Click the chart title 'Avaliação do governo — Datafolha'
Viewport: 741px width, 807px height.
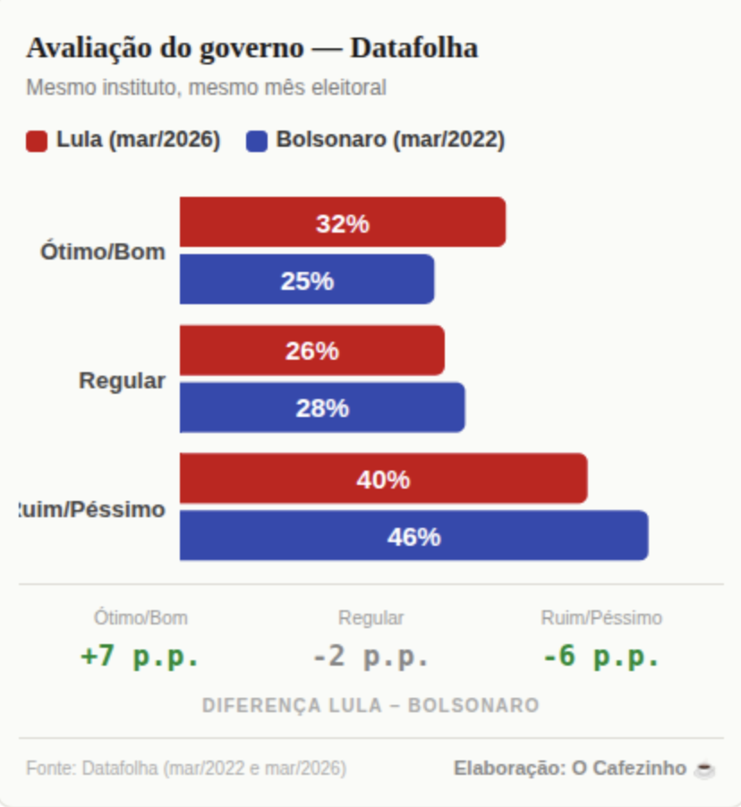click(x=251, y=48)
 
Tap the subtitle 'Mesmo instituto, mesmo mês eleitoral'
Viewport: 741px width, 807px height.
click(x=206, y=89)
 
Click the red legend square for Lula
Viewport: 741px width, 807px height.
click(x=37, y=141)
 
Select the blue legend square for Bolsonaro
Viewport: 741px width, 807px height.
click(x=257, y=141)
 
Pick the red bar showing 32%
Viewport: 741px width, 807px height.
click(x=342, y=223)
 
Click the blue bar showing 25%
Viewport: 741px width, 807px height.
click(x=307, y=280)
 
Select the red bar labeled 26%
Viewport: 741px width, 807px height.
click(x=311, y=351)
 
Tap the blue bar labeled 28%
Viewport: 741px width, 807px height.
click(x=322, y=408)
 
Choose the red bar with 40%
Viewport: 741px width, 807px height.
click(x=383, y=479)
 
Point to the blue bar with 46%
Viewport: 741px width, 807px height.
click(x=413, y=536)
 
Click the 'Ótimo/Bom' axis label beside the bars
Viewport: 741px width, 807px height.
click(x=103, y=252)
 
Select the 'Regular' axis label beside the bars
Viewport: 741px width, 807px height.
click(x=123, y=380)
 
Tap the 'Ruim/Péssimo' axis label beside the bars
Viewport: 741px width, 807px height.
click(x=92, y=510)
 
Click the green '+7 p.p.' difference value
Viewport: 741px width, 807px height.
click(x=140, y=656)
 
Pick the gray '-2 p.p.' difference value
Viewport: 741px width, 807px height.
click(x=370, y=656)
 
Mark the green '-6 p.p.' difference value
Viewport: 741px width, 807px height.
click(x=601, y=656)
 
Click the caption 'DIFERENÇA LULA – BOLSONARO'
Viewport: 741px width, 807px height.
click(x=370, y=706)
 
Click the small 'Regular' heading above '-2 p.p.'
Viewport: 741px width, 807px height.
click(x=370, y=618)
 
